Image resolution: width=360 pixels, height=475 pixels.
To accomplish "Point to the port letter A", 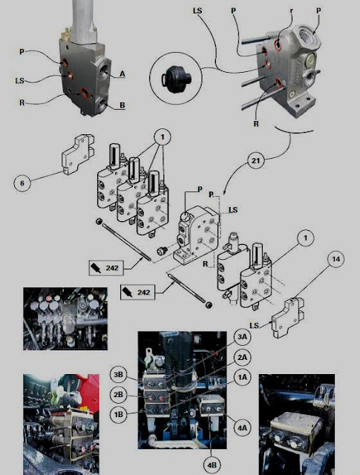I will (122, 73).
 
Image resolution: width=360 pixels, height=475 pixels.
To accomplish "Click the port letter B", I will (122, 105).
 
